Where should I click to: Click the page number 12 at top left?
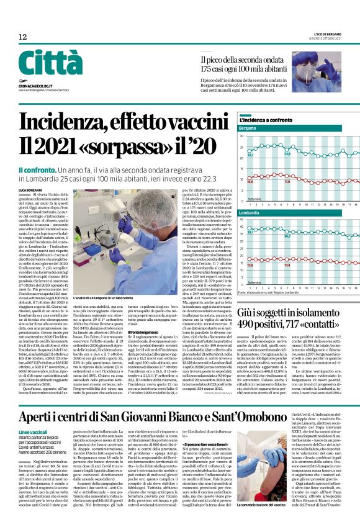click(x=23, y=37)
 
